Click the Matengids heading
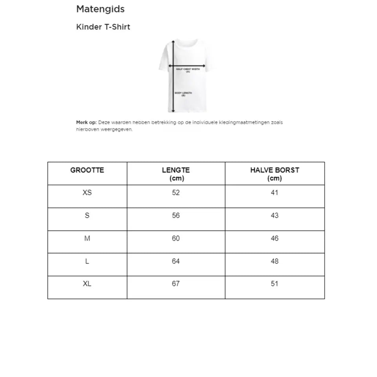click(x=100, y=9)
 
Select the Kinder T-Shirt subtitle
click(x=103, y=27)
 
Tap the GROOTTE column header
click(x=87, y=170)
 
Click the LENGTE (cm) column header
click(x=176, y=174)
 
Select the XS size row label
click(x=87, y=192)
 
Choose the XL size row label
click(x=87, y=284)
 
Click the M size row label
click(x=87, y=238)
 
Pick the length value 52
click(x=176, y=192)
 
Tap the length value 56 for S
click(x=176, y=215)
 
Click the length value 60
click(x=176, y=238)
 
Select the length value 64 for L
click(x=176, y=261)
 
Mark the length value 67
click(x=176, y=284)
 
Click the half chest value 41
click(x=275, y=192)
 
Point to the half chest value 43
click(x=275, y=215)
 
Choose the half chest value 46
click(x=275, y=238)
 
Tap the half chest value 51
click(x=275, y=284)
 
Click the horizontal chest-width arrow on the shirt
click(x=187, y=66)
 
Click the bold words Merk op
click(x=86, y=123)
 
